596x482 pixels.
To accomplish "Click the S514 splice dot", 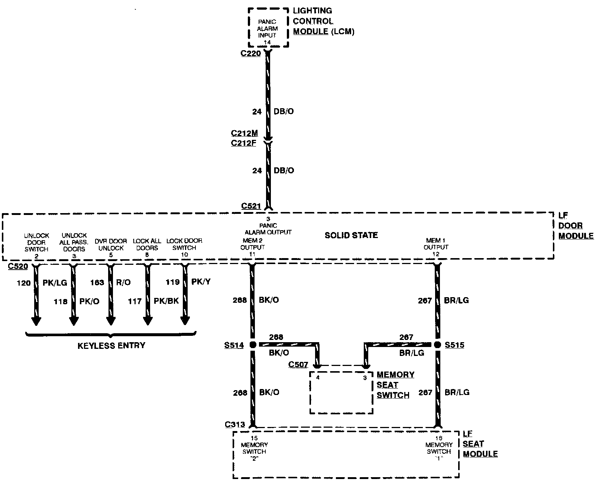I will tap(253, 345).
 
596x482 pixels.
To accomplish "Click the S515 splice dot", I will tap(437, 345).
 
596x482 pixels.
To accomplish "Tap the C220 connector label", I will tap(250, 54).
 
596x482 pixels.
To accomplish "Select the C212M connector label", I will tap(244, 134).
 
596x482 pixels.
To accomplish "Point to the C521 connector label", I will tap(251, 206).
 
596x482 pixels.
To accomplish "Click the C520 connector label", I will tap(18, 266).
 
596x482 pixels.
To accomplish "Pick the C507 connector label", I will tap(298, 365).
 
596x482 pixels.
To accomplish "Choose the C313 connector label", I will tap(235, 425).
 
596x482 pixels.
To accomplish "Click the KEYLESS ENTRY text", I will tap(111, 346).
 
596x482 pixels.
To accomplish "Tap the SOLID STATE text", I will tap(351, 235).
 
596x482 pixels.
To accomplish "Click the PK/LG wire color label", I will tap(55, 283).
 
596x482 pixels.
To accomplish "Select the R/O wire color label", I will tap(123, 282).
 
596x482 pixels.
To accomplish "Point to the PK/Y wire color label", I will tap(201, 282).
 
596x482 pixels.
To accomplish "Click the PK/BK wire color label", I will tap(166, 301).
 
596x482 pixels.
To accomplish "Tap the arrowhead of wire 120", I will tap(36, 320).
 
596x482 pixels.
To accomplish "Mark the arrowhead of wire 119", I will tap(185, 320).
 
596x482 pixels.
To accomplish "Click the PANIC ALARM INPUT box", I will tap(268, 28).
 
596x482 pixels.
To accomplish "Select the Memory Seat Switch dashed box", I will tap(341, 392).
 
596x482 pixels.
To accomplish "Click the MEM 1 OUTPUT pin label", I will tap(436, 244).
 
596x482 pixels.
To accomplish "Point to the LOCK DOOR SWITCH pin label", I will tap(184, 244).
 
